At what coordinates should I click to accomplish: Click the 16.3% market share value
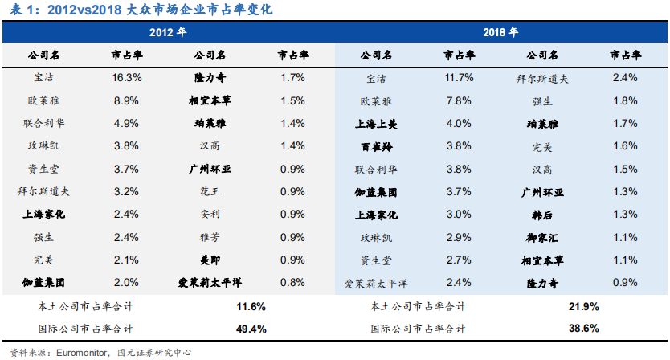click(x=127, y=78)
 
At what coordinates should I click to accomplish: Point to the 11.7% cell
click(x=459, y=78)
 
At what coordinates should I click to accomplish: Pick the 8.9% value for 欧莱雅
click(x=127, y=101)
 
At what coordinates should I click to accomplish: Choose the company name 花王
click(x=210, y=192)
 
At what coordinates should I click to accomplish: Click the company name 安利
click(x=210, y=215)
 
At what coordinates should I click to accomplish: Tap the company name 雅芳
click(x=210, y=238)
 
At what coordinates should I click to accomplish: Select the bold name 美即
click(x=210, y=260)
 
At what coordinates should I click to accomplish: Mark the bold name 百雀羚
click(x=376, y=146)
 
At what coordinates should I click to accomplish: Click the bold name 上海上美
click(x=376, y=124)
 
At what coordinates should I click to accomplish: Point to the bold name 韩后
click(x=542, y=215)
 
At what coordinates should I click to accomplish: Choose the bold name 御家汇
click(x=542, y=238)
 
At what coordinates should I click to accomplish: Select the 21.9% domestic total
click(x=583, y=306)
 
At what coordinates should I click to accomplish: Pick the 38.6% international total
click(x=583, y=329)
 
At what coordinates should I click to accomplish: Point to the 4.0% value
click(x=459, y=124)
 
